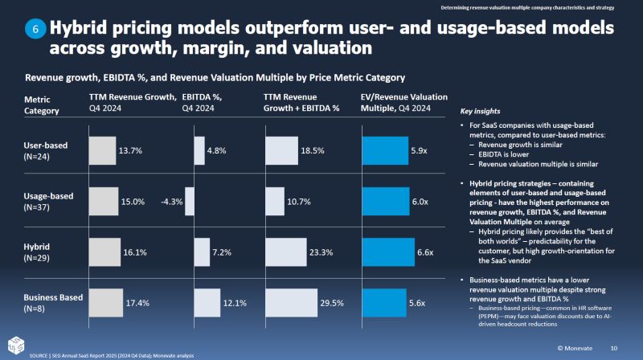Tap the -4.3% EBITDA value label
(x=171, y=202)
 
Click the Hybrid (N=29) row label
(x=42, y=252)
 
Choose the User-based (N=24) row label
(x=46, y=150)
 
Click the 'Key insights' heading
(x=480, y=111)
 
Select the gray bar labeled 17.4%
(x=105, y=303)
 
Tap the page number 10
(x=614, y=348)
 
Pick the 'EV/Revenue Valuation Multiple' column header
(x=404, y=102)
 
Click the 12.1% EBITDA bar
(x=207, y=303)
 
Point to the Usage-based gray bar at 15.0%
(x=103, y=202)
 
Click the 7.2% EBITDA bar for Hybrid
(x=201, y=252)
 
